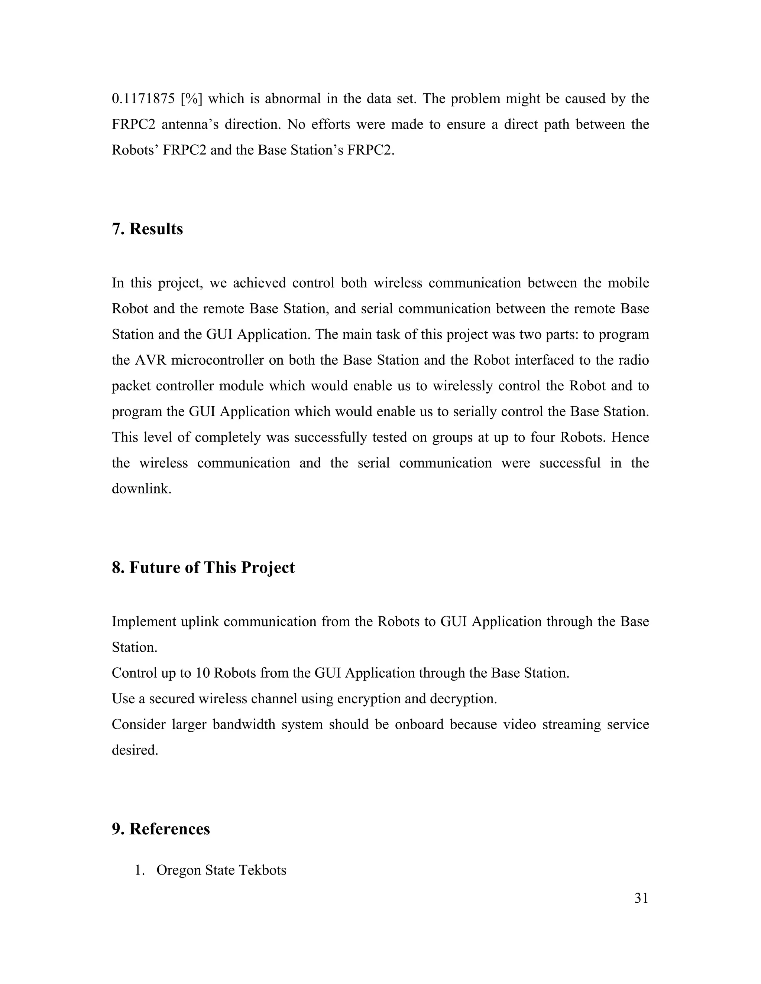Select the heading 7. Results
coord(148,229)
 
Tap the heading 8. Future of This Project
coord(203,567)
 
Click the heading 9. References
coord(161,829)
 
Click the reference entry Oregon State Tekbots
coord(221,870)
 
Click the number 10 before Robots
coord(203,673)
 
